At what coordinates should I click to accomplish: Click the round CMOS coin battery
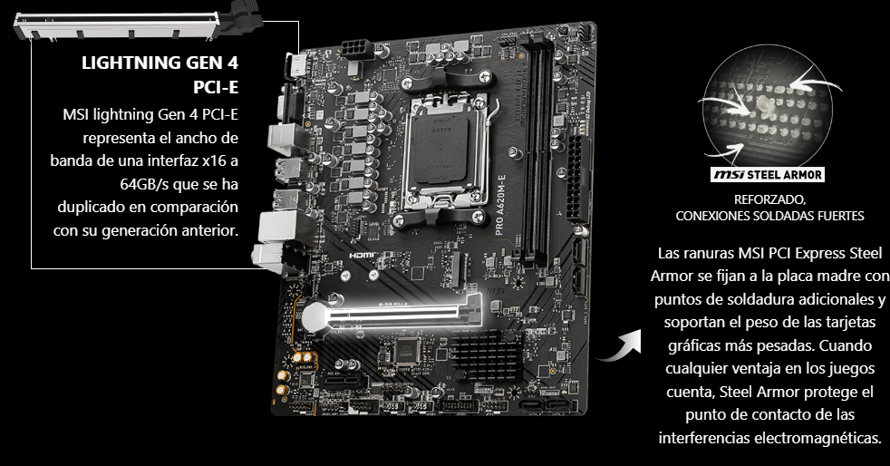point(316,316)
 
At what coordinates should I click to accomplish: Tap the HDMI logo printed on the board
point(363,256)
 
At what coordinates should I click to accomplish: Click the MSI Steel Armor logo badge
point(768,174)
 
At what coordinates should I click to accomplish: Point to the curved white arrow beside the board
point(619,345)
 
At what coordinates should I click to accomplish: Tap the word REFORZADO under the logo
point(769,199)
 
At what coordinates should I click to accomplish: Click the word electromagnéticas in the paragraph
point(817,438)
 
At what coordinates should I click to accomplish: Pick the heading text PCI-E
point(216,87)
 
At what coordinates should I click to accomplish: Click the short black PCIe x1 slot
point(344,380)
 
